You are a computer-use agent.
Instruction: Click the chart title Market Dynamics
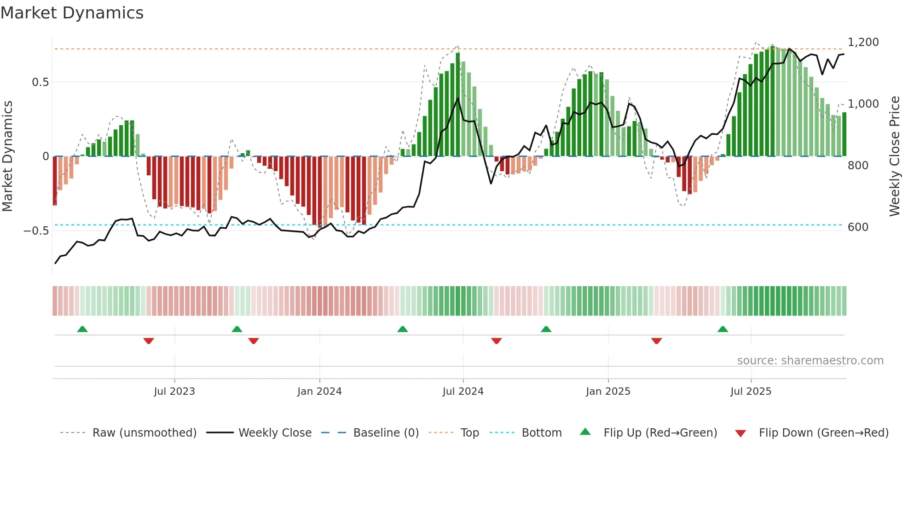click(x=72, y=13)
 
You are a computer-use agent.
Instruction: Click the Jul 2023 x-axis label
click(x=174, y=392)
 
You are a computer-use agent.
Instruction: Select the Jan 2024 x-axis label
click(x=319, y=392)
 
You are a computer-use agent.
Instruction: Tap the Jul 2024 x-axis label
click(x=463, y=392)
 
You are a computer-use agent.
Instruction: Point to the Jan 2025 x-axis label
click(x=608, y=392)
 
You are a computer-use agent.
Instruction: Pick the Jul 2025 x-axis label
click(x=751, y=392)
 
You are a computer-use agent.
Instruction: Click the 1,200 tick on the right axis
click(x=863, y=42)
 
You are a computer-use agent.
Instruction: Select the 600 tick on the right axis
click(x=858, y=227)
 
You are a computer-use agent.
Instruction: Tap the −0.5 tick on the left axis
click(x=36, y=230)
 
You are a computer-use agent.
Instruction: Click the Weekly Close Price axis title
click(x=894, y=156)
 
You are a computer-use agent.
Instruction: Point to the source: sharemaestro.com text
click(x=810, y=361)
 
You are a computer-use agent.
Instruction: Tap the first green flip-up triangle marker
click(x=82, y=329)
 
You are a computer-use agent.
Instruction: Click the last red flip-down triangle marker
click(x=656, y=340)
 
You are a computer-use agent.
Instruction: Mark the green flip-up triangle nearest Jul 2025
click(x=723, y=329)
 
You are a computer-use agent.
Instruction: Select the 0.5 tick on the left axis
click(x=40, y=82)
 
